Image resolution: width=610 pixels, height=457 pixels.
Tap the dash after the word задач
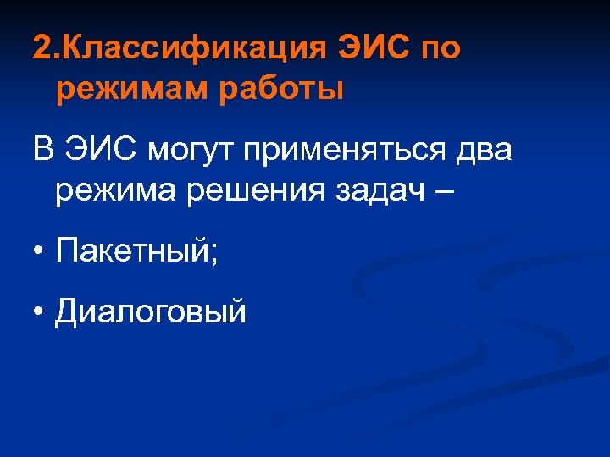pos(443,191)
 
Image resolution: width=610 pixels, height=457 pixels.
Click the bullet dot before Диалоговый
pos(39,312)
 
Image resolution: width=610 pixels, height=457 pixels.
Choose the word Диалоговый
pos(151,312)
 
